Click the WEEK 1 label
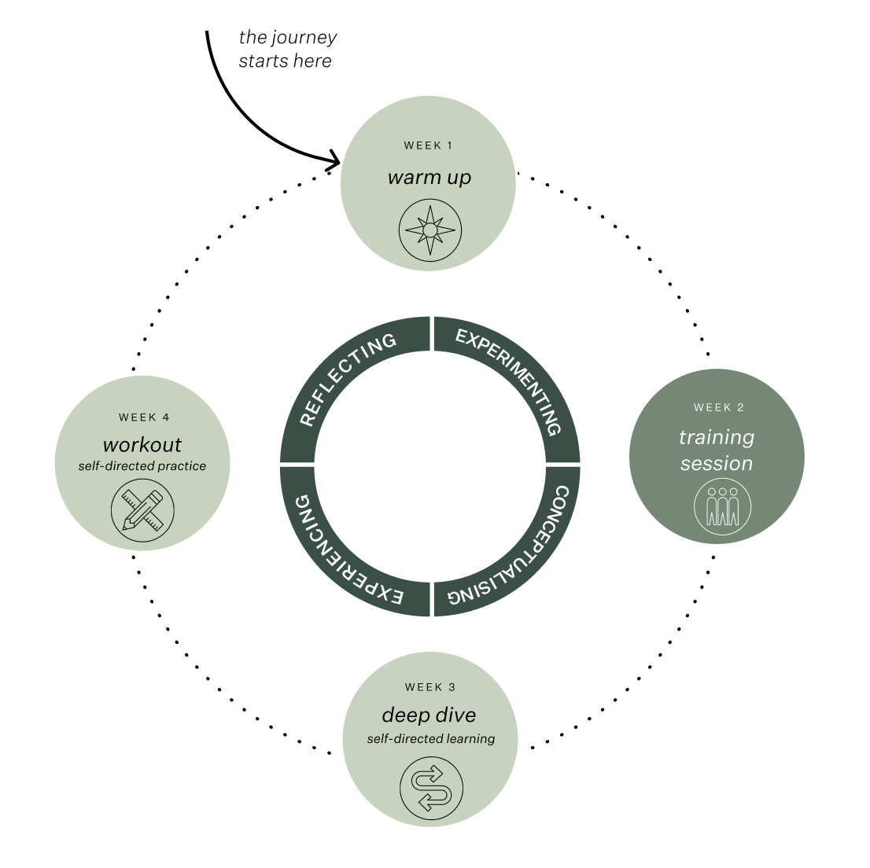(428, 145)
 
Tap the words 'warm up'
(429, 178)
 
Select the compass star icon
(429, 230)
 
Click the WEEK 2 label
(718, 407)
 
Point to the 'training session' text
(716, 451)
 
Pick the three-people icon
(722, 507)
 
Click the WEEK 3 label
(429, 687)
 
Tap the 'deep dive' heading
(429, 715)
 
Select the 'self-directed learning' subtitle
(430, 739)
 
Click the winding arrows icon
(431, 789)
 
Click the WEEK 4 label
(144, 417)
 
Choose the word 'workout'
(142, 444)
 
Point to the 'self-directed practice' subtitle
(142, 466)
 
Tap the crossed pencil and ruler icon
(142, 509)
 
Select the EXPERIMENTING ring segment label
(512, 378)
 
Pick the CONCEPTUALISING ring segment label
(511, 551)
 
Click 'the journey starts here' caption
(287, 49)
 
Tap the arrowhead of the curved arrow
(334, 161)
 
